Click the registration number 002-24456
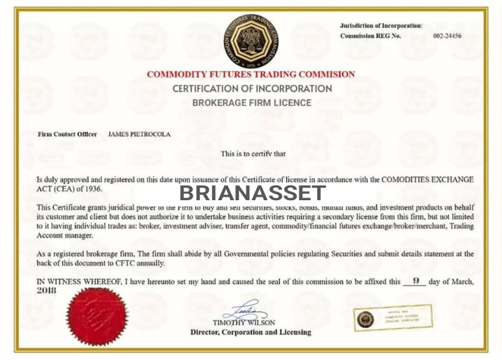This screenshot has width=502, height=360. pyautogui.click(x=447, y=36)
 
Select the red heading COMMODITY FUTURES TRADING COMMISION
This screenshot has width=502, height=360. pyautogui.click(x=251, y=74)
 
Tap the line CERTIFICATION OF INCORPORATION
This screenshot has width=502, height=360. pyautogui.click(x=252, y=89)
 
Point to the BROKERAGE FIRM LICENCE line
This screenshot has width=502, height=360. pyautogui.click(x=251, y=103)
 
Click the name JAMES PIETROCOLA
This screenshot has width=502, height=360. pyautogui.click(x=139, y=133)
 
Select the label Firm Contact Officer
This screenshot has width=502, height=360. pyautogui.click(x=67, y=133)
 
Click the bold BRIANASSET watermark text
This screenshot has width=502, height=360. pyautogui.click(x=252, y=193)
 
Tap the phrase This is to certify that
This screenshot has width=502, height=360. pyautogui.click(x=253, y=153)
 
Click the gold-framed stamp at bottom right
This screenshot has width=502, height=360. pyautogui.click(x=392, y=319)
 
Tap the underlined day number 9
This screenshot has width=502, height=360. pyautogui.click(x=415, y=281)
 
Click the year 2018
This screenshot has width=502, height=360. pyautogui.click(x=46, y=290)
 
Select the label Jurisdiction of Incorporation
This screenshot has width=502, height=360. pyautogui.click(x=381, y=25)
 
